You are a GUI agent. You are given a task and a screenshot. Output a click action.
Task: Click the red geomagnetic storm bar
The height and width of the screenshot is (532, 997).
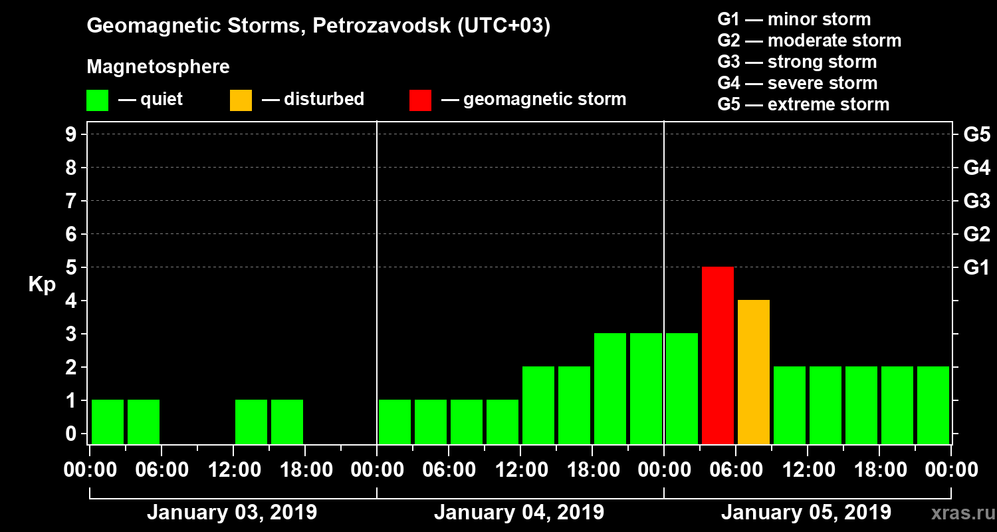[x=718, y=355]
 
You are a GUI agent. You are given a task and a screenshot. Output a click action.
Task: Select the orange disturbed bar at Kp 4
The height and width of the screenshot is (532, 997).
[x=754, y=372]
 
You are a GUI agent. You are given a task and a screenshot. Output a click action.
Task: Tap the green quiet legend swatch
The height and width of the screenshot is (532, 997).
[x=97, y=100]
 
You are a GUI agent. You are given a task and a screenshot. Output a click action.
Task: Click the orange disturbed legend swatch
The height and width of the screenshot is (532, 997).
[x=241, y=100]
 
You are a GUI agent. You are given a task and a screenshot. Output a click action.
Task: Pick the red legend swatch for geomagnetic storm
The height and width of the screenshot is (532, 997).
[x=420, y=100]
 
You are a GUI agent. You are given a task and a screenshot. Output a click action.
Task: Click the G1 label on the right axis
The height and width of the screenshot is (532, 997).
[x=976, y=268]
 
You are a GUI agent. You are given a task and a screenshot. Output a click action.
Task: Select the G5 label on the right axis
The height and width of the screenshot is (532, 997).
[x=976, y=135]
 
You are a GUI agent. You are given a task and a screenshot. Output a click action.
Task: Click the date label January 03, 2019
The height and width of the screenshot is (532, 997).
[x=232, y=513]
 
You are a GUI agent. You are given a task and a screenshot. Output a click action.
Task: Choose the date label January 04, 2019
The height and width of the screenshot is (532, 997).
[x=519, y=513]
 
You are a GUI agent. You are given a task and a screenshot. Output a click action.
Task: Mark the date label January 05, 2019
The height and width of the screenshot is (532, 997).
[x=806, y=513]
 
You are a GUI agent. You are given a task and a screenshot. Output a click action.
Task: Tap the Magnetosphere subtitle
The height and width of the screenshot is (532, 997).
[x=158, y=67]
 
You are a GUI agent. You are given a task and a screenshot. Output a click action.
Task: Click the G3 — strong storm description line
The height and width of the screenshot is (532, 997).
[x=797, y=62]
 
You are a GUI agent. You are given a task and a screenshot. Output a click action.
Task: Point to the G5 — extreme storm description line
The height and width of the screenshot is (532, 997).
[x=803, y=104]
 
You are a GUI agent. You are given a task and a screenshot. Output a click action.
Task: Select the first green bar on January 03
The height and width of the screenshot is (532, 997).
[x=108, y=422]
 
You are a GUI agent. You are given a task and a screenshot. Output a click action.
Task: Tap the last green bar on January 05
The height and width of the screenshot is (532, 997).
[x=933, y=405]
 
